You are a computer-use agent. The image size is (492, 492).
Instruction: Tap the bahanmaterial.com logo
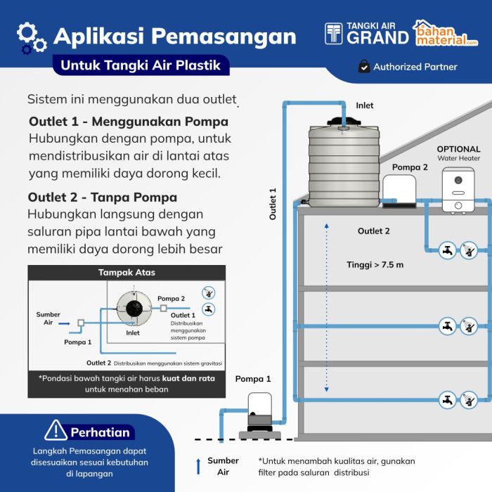(x=445, y=32)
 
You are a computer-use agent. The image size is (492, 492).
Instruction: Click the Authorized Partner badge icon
(x=363, y=66)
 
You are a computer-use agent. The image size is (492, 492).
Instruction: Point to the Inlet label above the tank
(x=364, y=105)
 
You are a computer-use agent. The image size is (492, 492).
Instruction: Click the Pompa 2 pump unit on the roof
(x=399, y=190)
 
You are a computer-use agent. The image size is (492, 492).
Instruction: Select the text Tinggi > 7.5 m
(x=375, y=265)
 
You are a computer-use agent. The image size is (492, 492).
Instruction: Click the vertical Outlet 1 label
(x=273, y=204)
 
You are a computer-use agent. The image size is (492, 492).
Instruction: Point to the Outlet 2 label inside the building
(x=373, y=231)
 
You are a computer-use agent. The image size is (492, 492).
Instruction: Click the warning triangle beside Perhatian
(x=56, y=430)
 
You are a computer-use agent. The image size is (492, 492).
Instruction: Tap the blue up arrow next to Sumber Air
(x=198, y=465)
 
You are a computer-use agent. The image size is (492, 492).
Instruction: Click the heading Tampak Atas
(x=127, y=272)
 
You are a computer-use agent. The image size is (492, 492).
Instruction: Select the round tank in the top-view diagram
(x=132, y=307)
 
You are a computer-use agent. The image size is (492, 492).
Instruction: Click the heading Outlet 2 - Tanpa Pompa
(x=103, y=197)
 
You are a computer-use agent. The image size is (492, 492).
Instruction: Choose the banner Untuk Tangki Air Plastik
(x=141, y=66)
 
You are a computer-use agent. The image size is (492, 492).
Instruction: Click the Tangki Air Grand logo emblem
(x=333, y=33)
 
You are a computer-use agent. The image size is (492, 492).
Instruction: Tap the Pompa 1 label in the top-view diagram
(x=78, y=342)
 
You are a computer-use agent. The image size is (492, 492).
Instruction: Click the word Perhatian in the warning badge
(x=101, y=432)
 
